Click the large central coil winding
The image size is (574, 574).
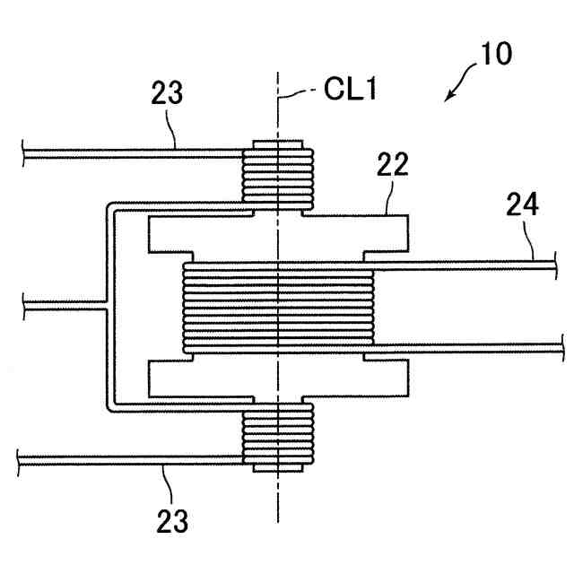coord(279,305)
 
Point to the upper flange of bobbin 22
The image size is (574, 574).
coord(279,233)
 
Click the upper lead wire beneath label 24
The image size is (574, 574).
coord(466,264)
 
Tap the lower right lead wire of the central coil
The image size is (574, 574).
coord(466,345)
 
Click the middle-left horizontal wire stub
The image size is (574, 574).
coord(63,307)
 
